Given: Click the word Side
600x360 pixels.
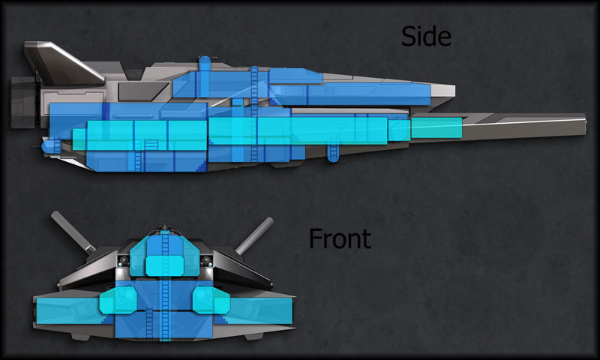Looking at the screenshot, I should [x=427, y=36].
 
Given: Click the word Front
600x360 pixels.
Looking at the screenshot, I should [x=340, y=238].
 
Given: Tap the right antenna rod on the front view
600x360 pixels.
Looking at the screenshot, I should [x=256, y=232].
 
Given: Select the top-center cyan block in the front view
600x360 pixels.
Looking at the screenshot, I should [x=164, y=265].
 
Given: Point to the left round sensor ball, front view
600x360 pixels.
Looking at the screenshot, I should [x=121, y=260].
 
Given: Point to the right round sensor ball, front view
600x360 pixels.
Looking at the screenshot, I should [x=205, y=260].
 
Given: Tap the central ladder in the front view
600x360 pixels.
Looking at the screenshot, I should [x=164, y=307].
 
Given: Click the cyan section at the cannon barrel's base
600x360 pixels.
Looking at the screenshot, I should [x=435, y=128].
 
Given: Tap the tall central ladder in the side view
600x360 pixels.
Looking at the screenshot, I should [x=253, y=112].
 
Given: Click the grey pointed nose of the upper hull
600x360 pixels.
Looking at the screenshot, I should [x=442, y=90].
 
